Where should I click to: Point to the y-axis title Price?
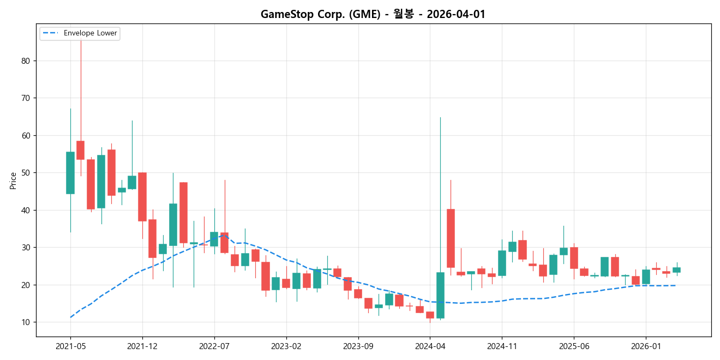[13, 181]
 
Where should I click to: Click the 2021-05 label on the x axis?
[70, 346]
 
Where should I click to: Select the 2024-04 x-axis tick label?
[430, 346]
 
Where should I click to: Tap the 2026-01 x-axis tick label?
[646, 346]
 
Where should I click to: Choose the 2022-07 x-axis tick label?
[214, 346]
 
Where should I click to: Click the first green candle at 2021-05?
[70, 173]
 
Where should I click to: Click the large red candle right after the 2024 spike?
[451, 238]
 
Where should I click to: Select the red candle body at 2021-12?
[142, 197]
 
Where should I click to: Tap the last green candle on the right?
[676, 270]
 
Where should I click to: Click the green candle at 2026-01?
[646, 277]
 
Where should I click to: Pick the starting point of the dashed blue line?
[70, 317]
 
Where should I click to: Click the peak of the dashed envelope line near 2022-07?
[224, 236]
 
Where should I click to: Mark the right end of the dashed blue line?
[676, 285]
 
